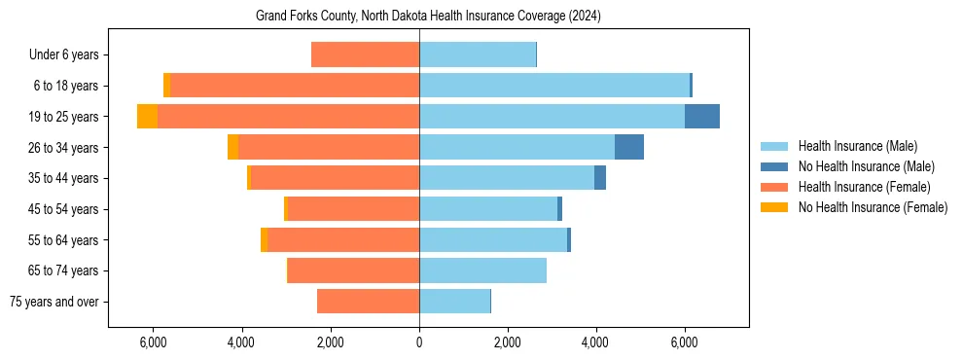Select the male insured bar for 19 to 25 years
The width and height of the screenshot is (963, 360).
552,117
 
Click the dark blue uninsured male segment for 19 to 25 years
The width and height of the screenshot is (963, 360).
701,117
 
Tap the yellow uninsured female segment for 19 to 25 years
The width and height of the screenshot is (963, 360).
147,117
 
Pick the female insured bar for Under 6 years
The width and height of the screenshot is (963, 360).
365,55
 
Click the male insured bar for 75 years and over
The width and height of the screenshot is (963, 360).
454,302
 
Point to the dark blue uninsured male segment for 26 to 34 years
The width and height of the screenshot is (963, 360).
628,147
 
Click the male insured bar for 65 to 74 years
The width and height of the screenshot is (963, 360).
482,270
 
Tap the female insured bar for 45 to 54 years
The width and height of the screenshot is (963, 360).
353,209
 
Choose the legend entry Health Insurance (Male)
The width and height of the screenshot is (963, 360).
857,146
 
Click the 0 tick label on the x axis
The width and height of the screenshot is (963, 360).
419,342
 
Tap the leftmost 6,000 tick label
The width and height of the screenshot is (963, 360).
154,342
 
